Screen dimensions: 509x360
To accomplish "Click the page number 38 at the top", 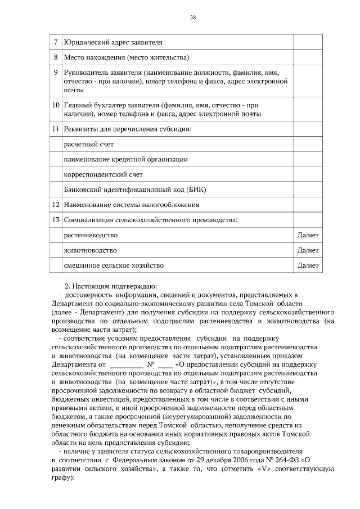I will (x=192, y=18).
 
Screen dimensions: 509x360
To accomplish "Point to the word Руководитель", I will (x=86, y=73).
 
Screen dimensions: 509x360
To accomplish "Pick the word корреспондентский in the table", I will (x=94, y=175).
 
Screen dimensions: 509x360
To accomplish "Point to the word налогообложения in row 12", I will (x=170, y=205).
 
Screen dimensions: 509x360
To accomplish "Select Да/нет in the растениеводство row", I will (x=308, y=235).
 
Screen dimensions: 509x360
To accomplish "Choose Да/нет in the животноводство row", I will (x=308, y=250).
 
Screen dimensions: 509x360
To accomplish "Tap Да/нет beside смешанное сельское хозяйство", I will (x=308, y=265).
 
